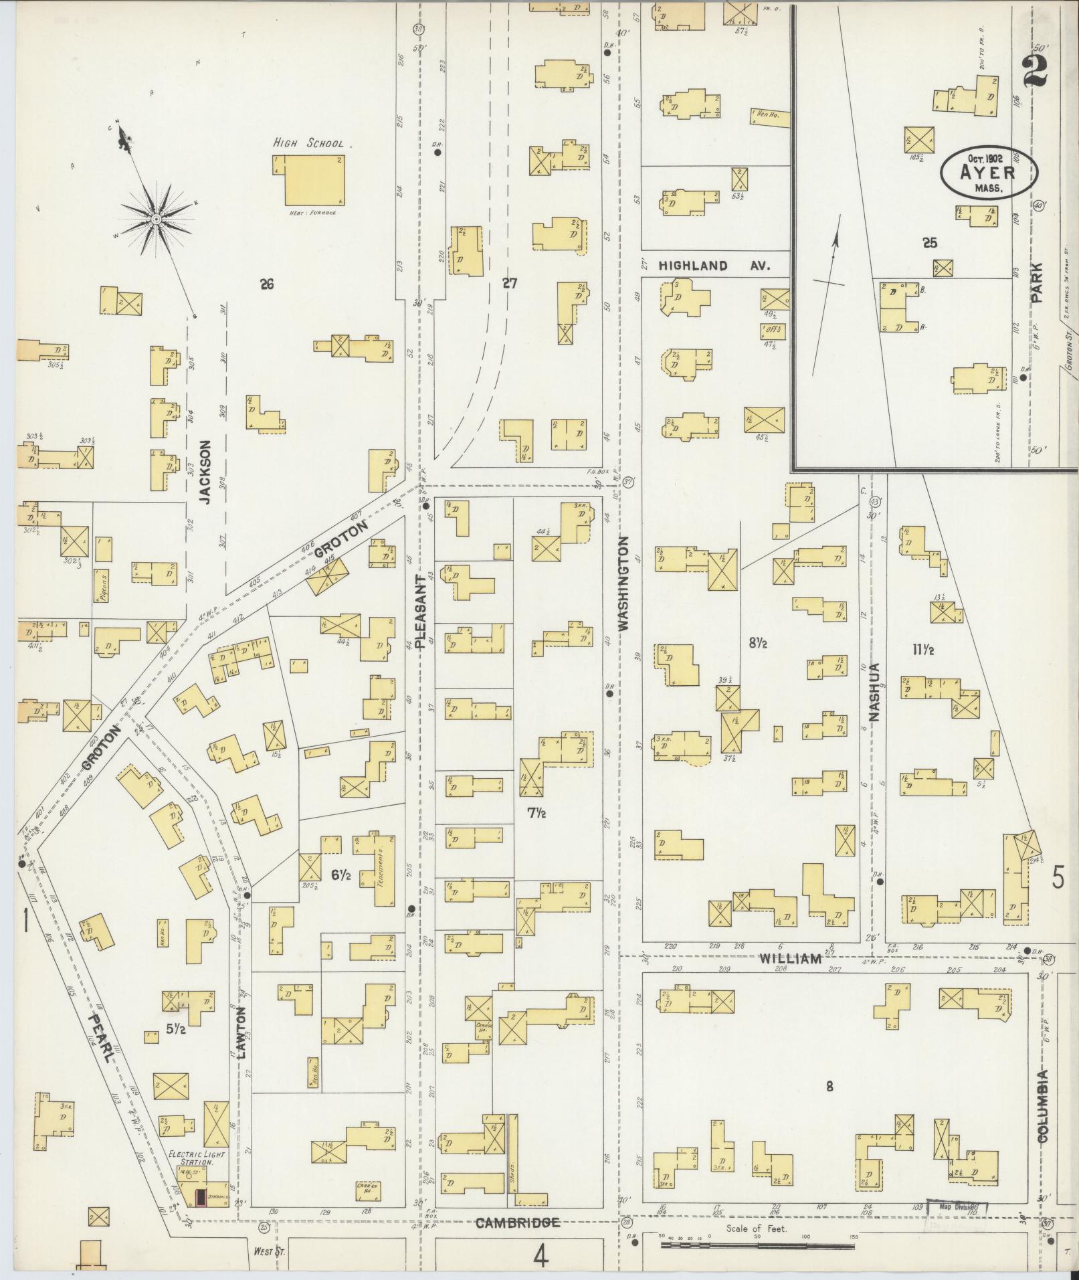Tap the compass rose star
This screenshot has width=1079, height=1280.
point(156,219)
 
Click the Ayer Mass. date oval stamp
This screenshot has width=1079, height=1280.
point(989,173)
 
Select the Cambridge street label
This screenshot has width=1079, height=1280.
point(517,1223)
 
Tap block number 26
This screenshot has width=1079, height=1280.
point(267,285)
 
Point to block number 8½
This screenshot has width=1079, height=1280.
point(758,643)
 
